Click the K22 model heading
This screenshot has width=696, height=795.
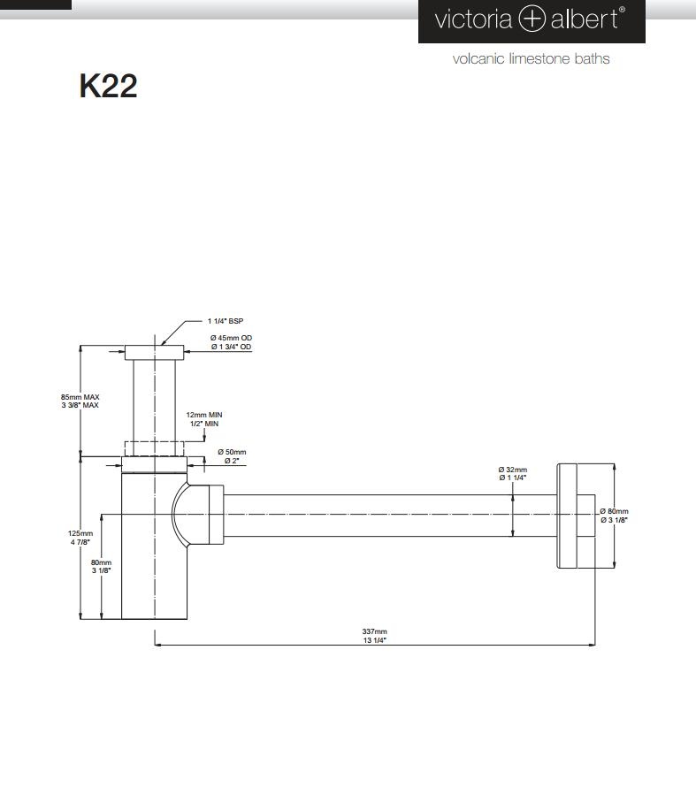pyautogui.click(x=108, y=86)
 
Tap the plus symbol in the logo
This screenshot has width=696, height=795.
pyautogui.click(x=532, y=19)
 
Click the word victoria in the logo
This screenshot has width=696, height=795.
pyautogui.click(x=473, y=19)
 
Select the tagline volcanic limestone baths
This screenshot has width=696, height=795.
pyautogui.click(x=531, y=59)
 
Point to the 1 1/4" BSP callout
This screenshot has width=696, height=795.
pyautogui.click(x=225, y=321)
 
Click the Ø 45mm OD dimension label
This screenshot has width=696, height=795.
pyautogui.click(x=231, y=338)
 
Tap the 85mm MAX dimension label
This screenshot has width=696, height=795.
pyautogui.click(x=80, y=397)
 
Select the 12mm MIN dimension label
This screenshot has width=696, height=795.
pyautogui.click(x=203, y=415)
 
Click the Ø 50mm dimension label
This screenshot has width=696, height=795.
pyautogui.click(x=232, y=452)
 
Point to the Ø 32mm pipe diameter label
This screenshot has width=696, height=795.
pyautogui.click(x=513, y=470)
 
